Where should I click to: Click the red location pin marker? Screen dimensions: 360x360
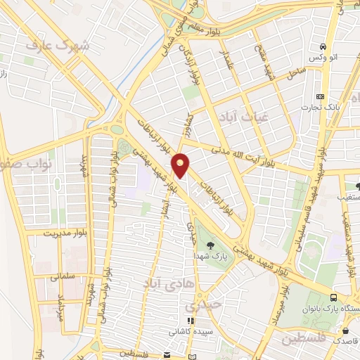181,165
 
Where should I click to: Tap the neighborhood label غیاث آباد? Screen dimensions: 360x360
242,115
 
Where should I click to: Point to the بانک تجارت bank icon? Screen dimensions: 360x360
321,96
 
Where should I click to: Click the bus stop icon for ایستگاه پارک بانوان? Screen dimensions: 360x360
333,297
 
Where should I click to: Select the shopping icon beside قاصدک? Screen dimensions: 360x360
345,330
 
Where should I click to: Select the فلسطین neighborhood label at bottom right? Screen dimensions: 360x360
305,339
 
